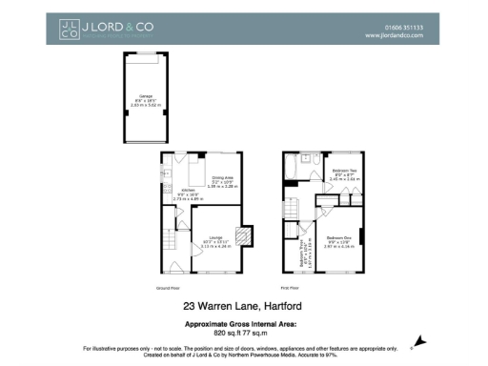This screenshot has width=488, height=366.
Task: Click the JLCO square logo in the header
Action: pos(69,30)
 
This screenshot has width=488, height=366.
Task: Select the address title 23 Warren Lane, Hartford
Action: pos(243,307)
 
